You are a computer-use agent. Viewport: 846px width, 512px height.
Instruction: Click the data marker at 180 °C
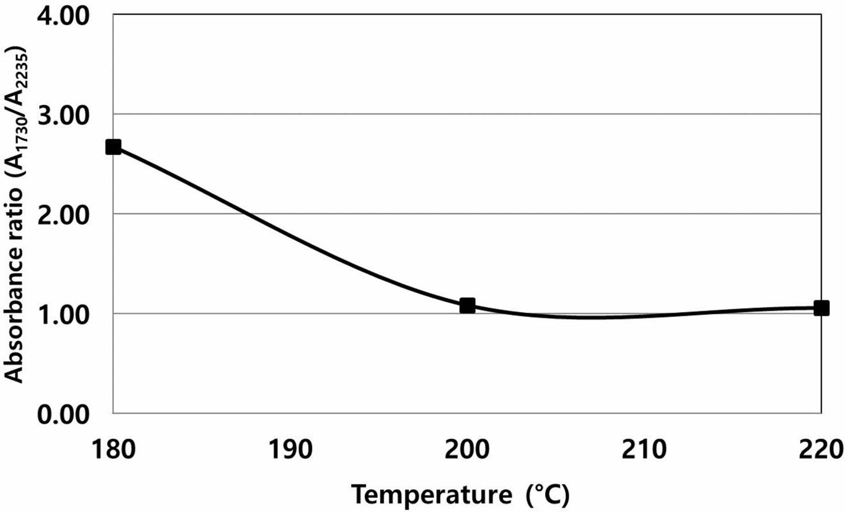pos(113,147)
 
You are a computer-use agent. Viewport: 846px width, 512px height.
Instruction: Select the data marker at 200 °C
pos(467,305)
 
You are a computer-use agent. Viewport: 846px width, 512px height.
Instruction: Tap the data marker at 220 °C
pos(821,308)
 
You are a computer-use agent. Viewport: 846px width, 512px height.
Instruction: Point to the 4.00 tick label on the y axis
pos(64,15)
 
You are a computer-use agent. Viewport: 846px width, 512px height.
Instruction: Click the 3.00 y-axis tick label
pos(64,115)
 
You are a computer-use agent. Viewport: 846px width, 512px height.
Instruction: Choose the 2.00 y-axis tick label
pos(64,214)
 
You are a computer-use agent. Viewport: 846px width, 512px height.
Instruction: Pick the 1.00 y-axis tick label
pos(64,314)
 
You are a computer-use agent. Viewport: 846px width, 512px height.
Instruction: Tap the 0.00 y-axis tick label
pos(64,413)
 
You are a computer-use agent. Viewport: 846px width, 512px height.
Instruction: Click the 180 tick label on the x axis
pos(113,450)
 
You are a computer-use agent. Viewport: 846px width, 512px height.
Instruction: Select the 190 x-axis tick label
pos(291,450)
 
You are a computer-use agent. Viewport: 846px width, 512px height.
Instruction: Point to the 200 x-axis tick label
pos(467,450)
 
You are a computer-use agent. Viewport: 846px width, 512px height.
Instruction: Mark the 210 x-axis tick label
pos(644,450)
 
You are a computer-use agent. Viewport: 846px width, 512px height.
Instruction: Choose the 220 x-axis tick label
pos(821,450)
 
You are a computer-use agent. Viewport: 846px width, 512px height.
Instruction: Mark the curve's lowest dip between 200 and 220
pos(585,317)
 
